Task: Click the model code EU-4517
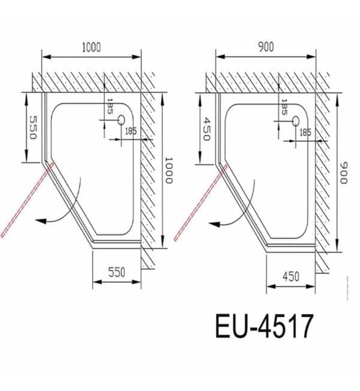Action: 264,327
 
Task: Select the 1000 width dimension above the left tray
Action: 91,47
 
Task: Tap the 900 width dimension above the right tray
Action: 266,47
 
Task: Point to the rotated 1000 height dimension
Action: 169,170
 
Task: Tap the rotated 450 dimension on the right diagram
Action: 206,129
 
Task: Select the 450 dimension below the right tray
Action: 291,276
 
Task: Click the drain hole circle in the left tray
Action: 121,120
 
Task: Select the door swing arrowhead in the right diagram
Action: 214,222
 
